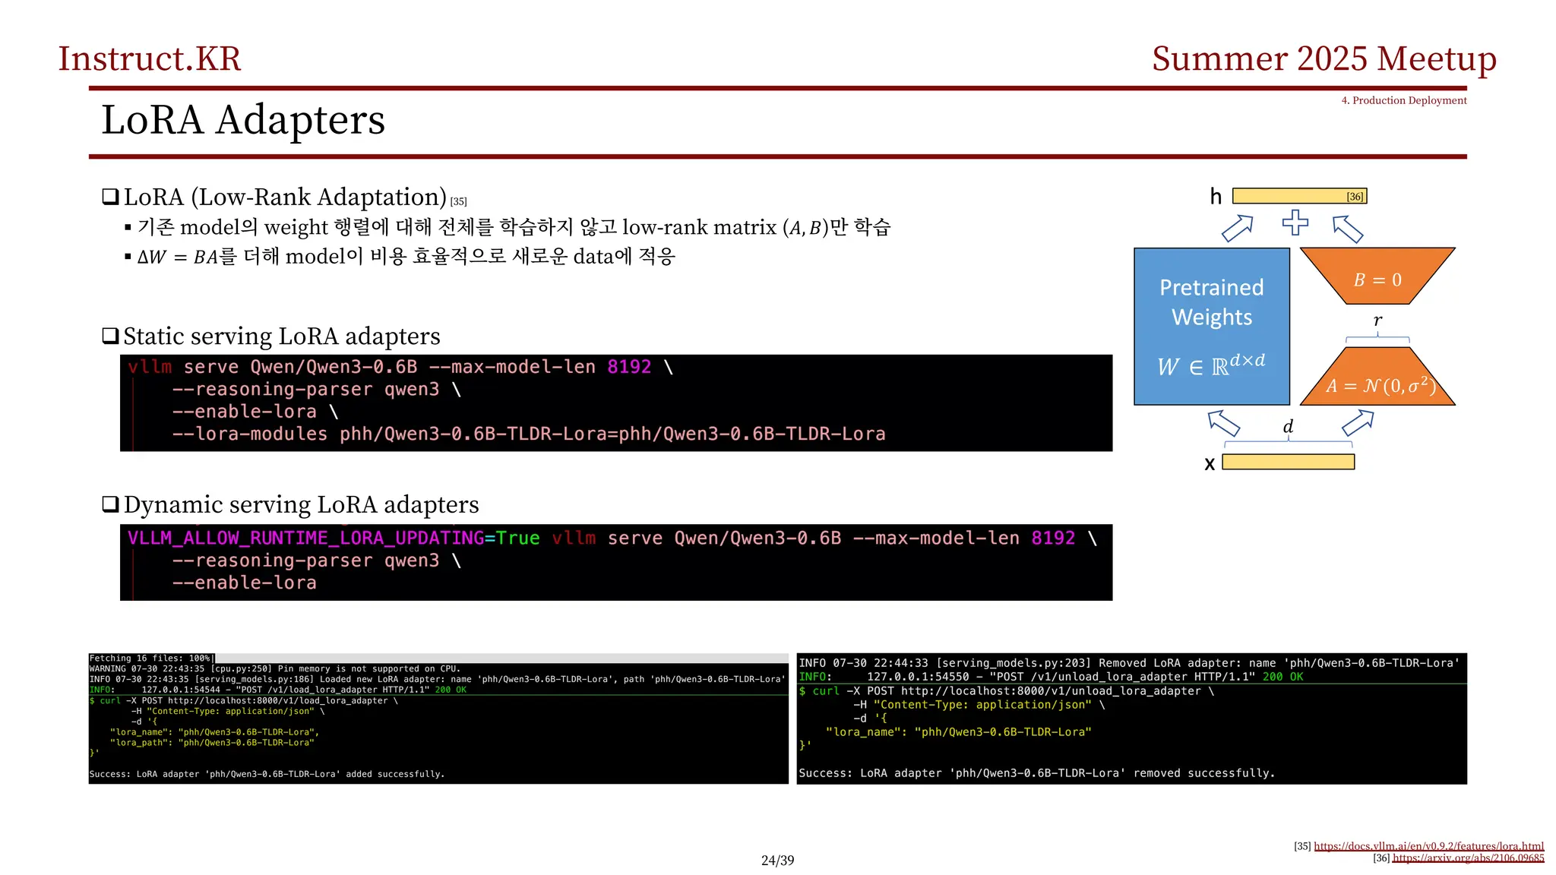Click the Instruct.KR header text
coord(150,59)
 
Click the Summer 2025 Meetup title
coord(1324,59)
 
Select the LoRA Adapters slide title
coord(243,120)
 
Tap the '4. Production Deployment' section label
coord(1403,100)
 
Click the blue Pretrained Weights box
coord(1211,326)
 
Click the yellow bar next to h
coord(1298,196)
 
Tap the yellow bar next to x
coord(1288,462)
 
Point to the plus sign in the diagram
coord(1295,223)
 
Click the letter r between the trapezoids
coord(1377,321)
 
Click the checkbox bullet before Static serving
coord(111,336)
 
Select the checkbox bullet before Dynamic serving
coord(111,504)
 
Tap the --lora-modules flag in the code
coord(249,434)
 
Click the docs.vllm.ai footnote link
coord(1428,846)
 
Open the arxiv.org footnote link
coord(1468,858)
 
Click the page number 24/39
coord(777,861)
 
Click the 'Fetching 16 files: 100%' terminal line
coord(151,659)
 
